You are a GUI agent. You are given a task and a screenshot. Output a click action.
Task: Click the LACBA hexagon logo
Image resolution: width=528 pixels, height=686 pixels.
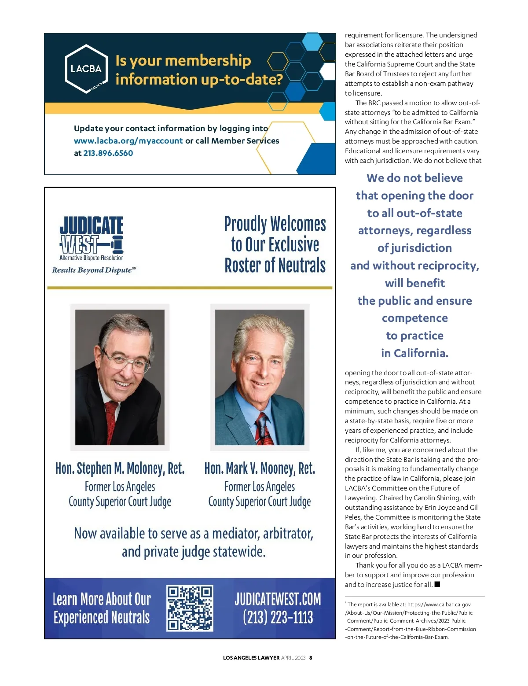[x=86, y=69]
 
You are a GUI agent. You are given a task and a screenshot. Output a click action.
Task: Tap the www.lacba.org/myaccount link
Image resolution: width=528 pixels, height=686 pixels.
[x=128, y=141]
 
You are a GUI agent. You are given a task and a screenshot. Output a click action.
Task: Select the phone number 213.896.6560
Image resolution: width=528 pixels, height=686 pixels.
[x=108, y=153]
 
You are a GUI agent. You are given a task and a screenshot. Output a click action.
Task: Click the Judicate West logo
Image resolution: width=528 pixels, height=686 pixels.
[x=92, y=238]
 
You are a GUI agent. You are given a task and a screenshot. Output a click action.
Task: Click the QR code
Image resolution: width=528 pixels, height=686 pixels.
[x=190, y=608]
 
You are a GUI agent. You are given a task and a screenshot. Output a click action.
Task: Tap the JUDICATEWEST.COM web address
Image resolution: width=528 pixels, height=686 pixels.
[x=278, y=599]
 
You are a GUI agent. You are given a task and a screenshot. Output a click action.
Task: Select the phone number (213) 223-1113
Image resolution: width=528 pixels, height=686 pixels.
[x=278, y=617]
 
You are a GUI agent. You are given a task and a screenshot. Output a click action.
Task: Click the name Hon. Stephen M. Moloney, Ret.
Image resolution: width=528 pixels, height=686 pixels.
[x=120, y=468]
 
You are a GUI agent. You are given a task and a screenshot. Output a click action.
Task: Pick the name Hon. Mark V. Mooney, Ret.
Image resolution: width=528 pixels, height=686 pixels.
[x=260, y=468]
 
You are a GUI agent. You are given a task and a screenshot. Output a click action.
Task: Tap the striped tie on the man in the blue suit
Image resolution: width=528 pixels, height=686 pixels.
[x=264, y=429]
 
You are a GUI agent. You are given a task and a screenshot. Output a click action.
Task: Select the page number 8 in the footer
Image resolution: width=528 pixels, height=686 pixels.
[x=311, y=658]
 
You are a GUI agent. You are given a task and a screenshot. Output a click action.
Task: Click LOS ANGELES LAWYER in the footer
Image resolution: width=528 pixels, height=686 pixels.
[x=251, y=658]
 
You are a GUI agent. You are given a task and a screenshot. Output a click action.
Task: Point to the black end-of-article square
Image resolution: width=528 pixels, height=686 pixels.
[x=437, y=584]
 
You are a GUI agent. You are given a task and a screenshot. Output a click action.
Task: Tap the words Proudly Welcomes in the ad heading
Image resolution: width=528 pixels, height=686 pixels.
[x=275, y=224]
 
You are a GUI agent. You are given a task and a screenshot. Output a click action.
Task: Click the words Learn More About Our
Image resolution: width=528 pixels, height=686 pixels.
[x=102, y=599]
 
